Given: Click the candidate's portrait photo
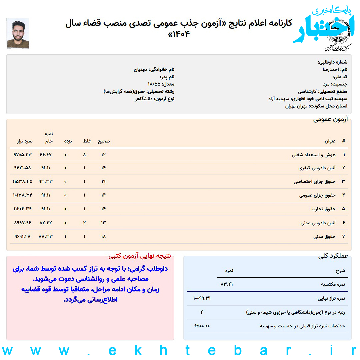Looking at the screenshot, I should (x=18, y=33).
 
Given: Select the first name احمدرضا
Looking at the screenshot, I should (x=331, y=70).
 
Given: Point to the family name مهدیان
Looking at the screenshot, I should (x=140, y=70).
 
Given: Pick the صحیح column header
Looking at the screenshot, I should (x=104, y=141).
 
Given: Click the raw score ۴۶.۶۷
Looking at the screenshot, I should (x=46, y=154).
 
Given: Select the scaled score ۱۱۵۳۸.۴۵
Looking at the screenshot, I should (x=23, y=181).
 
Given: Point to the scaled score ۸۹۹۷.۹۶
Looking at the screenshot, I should (x=23, y=222).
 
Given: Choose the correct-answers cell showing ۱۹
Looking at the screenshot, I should (x=103, y=181).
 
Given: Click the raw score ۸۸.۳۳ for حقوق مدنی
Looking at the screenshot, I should (x=46, y=236).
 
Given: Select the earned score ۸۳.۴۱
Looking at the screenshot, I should (x=227, y=284).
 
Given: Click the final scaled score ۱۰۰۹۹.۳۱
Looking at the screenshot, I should (x=202, y=298).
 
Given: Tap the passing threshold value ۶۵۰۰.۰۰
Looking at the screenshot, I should (x=202, y=326).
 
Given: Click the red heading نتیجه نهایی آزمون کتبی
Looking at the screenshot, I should (x=139, y=256).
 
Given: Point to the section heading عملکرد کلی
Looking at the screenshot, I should (x=333, y=256).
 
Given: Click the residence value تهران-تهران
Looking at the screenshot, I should (x=296, y=106).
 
